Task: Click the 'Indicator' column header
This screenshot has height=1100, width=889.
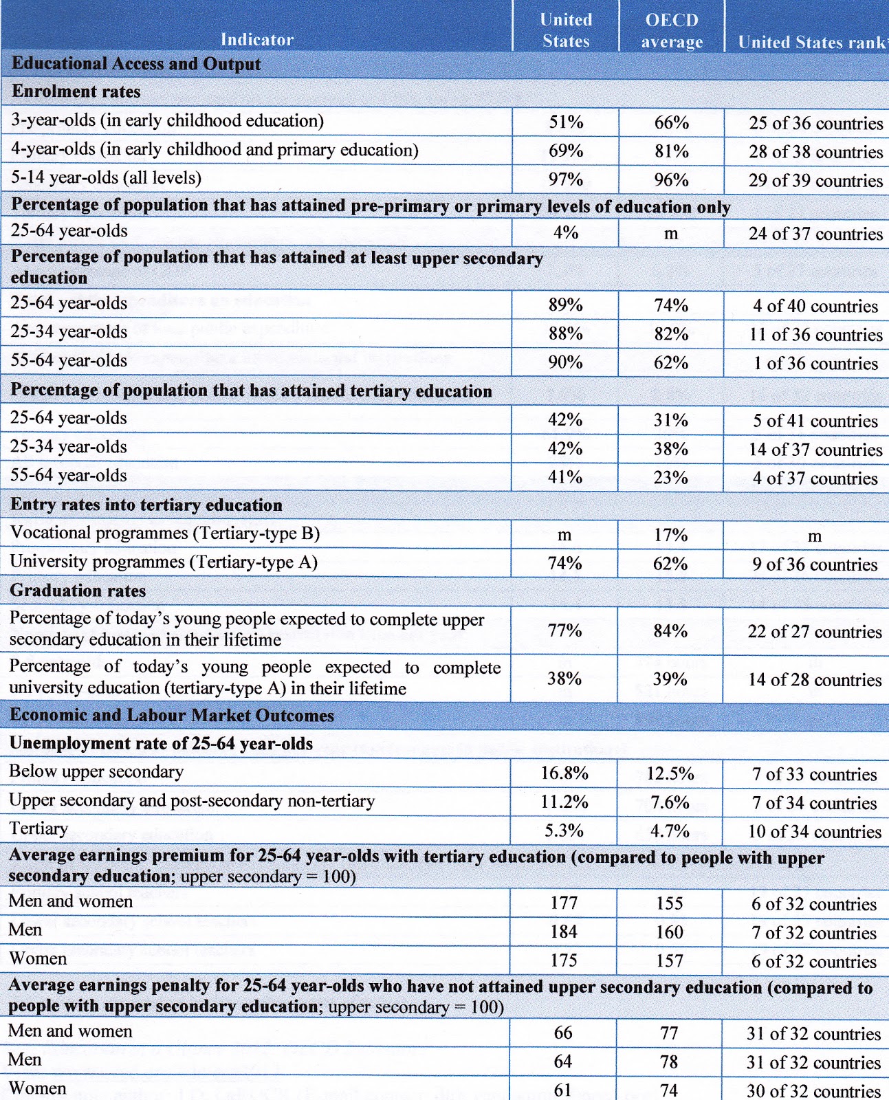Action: pyautogui.click(x=256, y=39)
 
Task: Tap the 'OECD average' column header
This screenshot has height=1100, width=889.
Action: pyautogui.click(x=672, y=30)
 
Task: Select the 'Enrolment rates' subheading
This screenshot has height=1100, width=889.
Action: pyautogui.click(x=76, y=91)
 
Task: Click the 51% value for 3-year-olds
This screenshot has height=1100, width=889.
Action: pyautogui.click(x=566, y=122)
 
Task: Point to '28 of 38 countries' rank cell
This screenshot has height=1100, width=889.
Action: pyautogui.click(x=815, y=152)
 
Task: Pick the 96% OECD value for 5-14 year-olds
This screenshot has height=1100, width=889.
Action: pyautogui.click(x=671, y=179)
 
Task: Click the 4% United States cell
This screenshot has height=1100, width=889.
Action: pyautogui.click(x=566, y=232)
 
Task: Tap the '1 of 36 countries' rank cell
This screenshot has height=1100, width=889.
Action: pyautogui.click(x=815, y=363)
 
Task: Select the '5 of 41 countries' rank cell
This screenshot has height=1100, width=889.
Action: pyautogui.click(x=815, y=420)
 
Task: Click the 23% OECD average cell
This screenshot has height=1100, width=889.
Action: pyautogui.click(x=670, y=478)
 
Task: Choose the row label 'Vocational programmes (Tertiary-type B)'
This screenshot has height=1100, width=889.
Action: pyautogui.click(x=165, y=533)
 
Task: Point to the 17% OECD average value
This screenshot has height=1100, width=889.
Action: pyautogui.click(x=670, y=535)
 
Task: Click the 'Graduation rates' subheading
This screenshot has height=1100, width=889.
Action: pyautogui.click(x=78, y=591)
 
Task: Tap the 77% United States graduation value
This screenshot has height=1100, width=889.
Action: pyautogui.click(x=564, y=630)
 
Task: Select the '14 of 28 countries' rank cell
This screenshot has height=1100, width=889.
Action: pyautogui.click(x=815, y=680)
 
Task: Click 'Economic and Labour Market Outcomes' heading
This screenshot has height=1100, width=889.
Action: pyautogui.click(x=172, y=715)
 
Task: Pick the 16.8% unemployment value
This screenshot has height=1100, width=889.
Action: pyautogui.click(x=564, y=773)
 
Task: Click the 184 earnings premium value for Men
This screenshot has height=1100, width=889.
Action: pyautogui.click(x=564, y=931)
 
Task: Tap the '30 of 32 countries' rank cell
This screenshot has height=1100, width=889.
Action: pyautogui.click(x=813, y=1090)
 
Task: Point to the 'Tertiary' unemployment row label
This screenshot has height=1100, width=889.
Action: pyautogui.click(x=39, y=828)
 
